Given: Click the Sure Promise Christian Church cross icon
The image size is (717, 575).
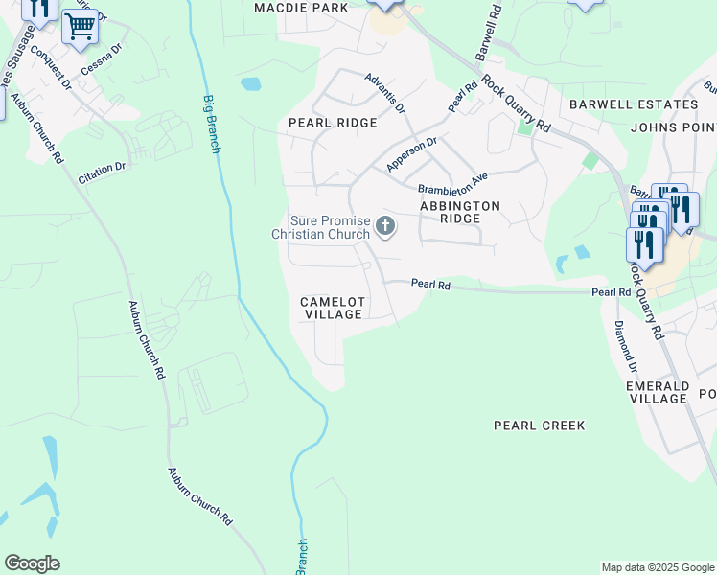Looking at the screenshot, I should pos(385,227).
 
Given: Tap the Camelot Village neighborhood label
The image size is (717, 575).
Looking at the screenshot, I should pos(332,308).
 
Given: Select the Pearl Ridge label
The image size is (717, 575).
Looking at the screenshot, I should pos(333,123).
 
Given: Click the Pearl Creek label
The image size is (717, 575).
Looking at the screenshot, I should pos(539,425).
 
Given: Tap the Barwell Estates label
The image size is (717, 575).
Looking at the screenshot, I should pos(633,103).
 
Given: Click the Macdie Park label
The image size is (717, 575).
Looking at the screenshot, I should pos(301,8).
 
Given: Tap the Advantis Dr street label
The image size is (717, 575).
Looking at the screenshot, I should pos(384,91).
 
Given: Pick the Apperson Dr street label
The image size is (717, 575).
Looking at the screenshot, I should pos(411,154).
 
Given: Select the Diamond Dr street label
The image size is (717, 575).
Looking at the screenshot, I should pos(626,345).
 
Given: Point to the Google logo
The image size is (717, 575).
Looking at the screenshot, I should pos(32,563).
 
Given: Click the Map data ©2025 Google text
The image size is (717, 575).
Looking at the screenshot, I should pos(657,567).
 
